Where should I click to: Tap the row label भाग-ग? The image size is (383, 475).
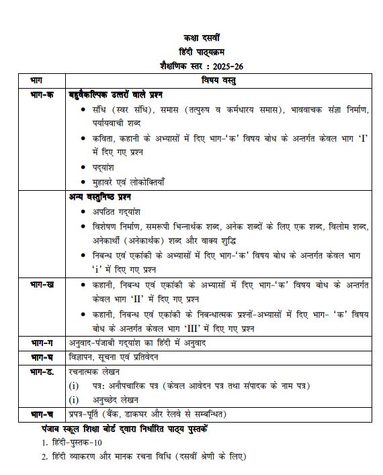coord(42,343)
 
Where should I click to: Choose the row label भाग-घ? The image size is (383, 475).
coord(42,357)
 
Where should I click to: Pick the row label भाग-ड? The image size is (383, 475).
coord(42,371)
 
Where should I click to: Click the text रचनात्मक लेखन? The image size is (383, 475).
coord(93,371)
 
